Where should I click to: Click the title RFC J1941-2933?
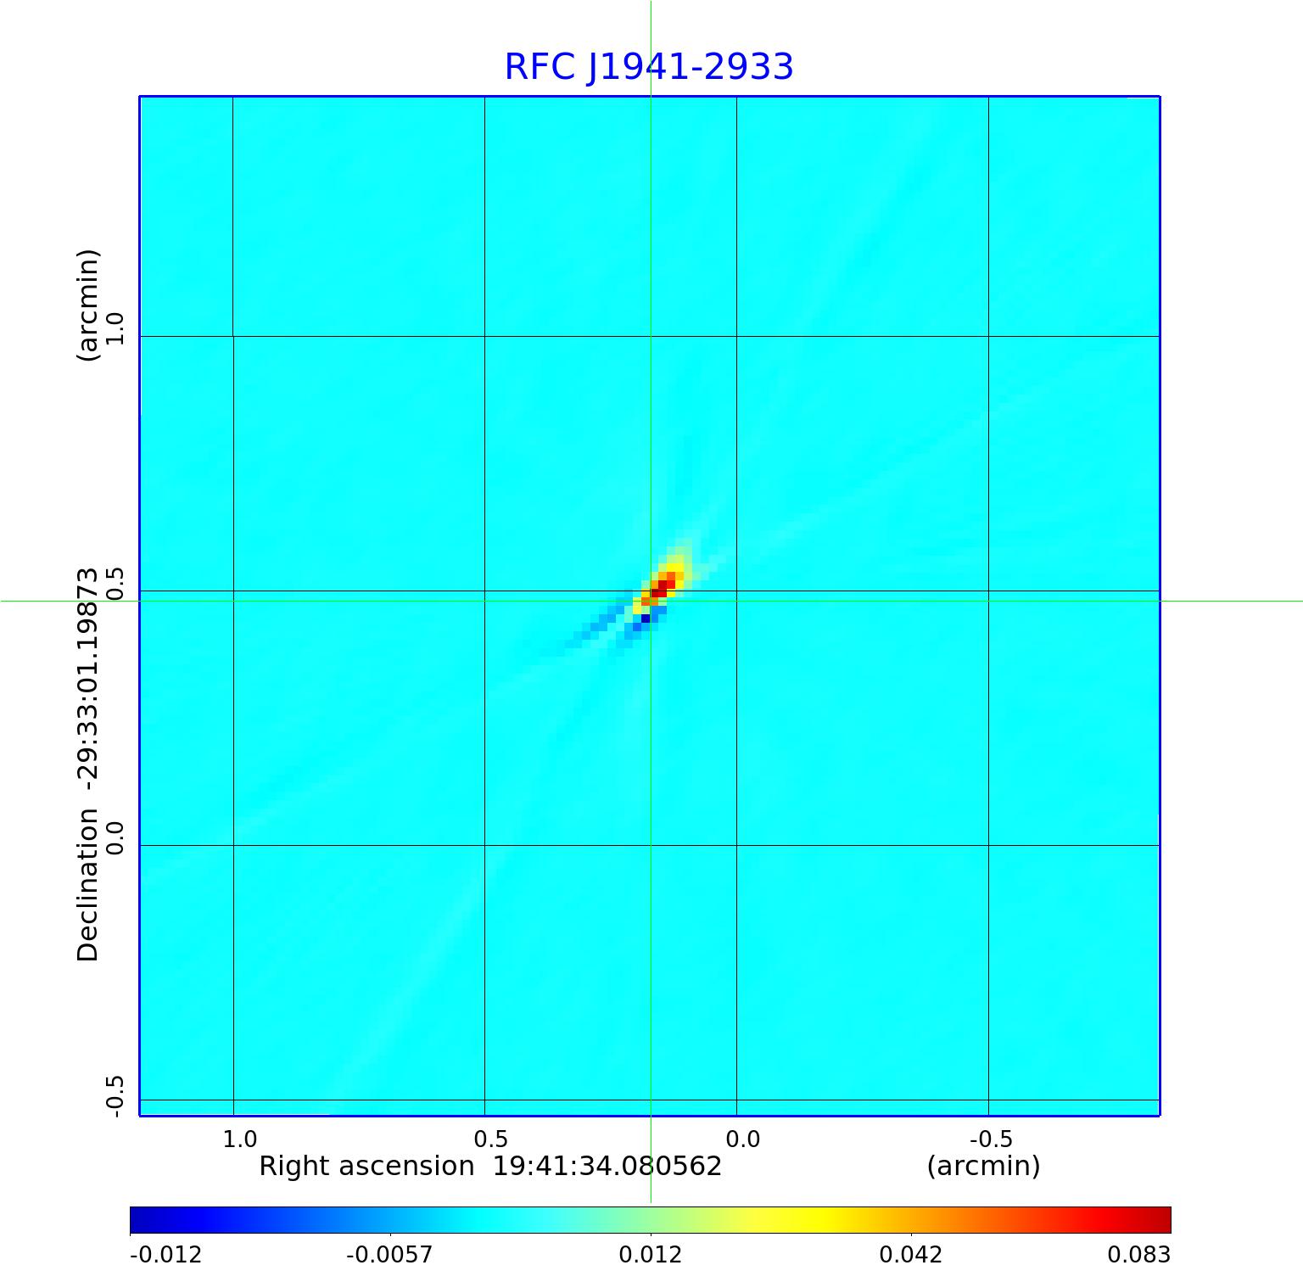pyautogui.click(x=649, y=67)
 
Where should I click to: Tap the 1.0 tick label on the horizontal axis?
pyautogui.click(x=240, y=1139)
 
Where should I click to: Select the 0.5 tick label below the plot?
pyautogui.click(x=490, y=1139)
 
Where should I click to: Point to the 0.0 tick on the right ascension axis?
pyautogui.click(x=743, y=1139)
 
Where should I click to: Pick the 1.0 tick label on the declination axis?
pyautogui.click(x=115, y=328)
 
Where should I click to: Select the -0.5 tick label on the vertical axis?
pyautogui.click(x=115, y=1095)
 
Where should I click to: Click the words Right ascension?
pyautogui.click(x=366, y=1166)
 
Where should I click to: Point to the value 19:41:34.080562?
pyautogui.click(x=607, y=1166)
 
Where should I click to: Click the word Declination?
pyautogui.click(x=88, y=885)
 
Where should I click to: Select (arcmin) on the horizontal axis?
pyautogui.click(x=983, y=1166)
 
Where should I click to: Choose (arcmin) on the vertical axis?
pyautogui.click(x=88, y=305)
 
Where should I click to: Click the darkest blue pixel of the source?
pyautogui.click(x=646, y=619)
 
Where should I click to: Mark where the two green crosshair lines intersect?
pyautogui.click(x=651, y=601)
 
